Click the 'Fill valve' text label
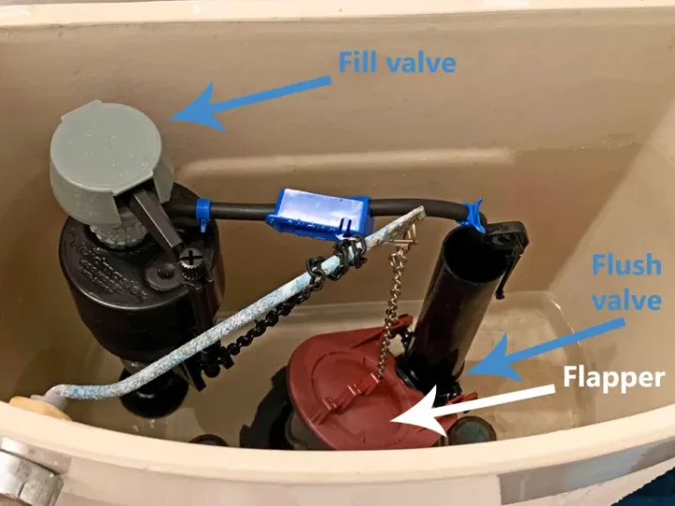tap(397, 63)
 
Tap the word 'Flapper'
tap(614, 378)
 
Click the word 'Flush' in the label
tap(627, 264)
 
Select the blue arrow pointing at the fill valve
tap(249, 104)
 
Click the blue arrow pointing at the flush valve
tap(546, 350)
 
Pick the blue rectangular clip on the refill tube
tap(318, 213)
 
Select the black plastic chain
tap(297, 301)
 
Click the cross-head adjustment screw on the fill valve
tap(190, 259)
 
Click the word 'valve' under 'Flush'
tap(627, 300)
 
